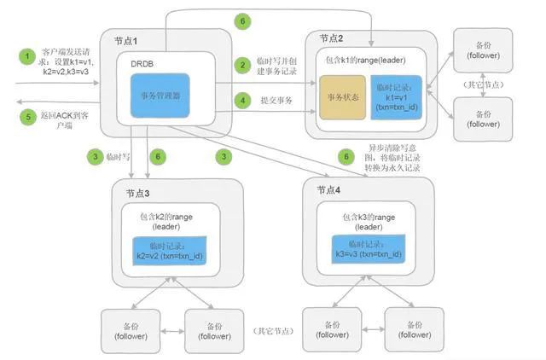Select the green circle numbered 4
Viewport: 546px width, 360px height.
tap(243, 100)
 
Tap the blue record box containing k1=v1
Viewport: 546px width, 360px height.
tap(395, 99)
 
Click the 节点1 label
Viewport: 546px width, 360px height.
tap(126, 42)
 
